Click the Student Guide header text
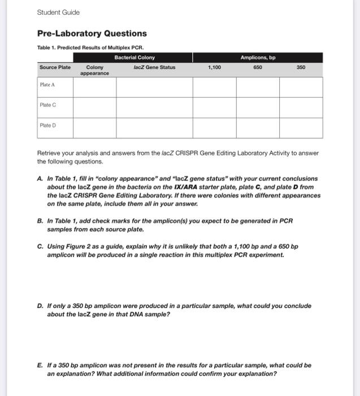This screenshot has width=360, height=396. click(x=59, y=12)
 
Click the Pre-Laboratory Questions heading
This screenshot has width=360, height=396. click(x=92, y=33)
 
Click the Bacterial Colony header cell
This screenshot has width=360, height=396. click(x=135, y=58)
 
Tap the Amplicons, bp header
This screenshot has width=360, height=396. click(x=258, y=58)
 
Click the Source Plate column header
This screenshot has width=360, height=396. click(x=55, y=67)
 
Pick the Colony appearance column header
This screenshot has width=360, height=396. click(x=94, y=70)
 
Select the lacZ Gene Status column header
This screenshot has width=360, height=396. click(x=154, y=67)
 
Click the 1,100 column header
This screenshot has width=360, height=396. click(x=214, y=67)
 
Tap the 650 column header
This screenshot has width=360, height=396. click(x=258, y=67)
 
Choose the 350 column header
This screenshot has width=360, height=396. click(x=301, y=67)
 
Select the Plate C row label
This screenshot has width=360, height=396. click(x=47, y=105)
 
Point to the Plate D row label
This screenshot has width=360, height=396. click(x=47, y=126)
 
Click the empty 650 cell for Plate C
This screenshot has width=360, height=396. click(x=258, y=107)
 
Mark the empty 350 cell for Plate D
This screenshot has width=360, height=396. click(x=301, y=128)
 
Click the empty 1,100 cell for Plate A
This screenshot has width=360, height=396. click(x=214, y=87)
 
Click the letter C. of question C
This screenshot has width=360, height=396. click(x=40, y=247)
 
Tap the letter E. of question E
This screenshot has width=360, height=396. click(x=40, y=365)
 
